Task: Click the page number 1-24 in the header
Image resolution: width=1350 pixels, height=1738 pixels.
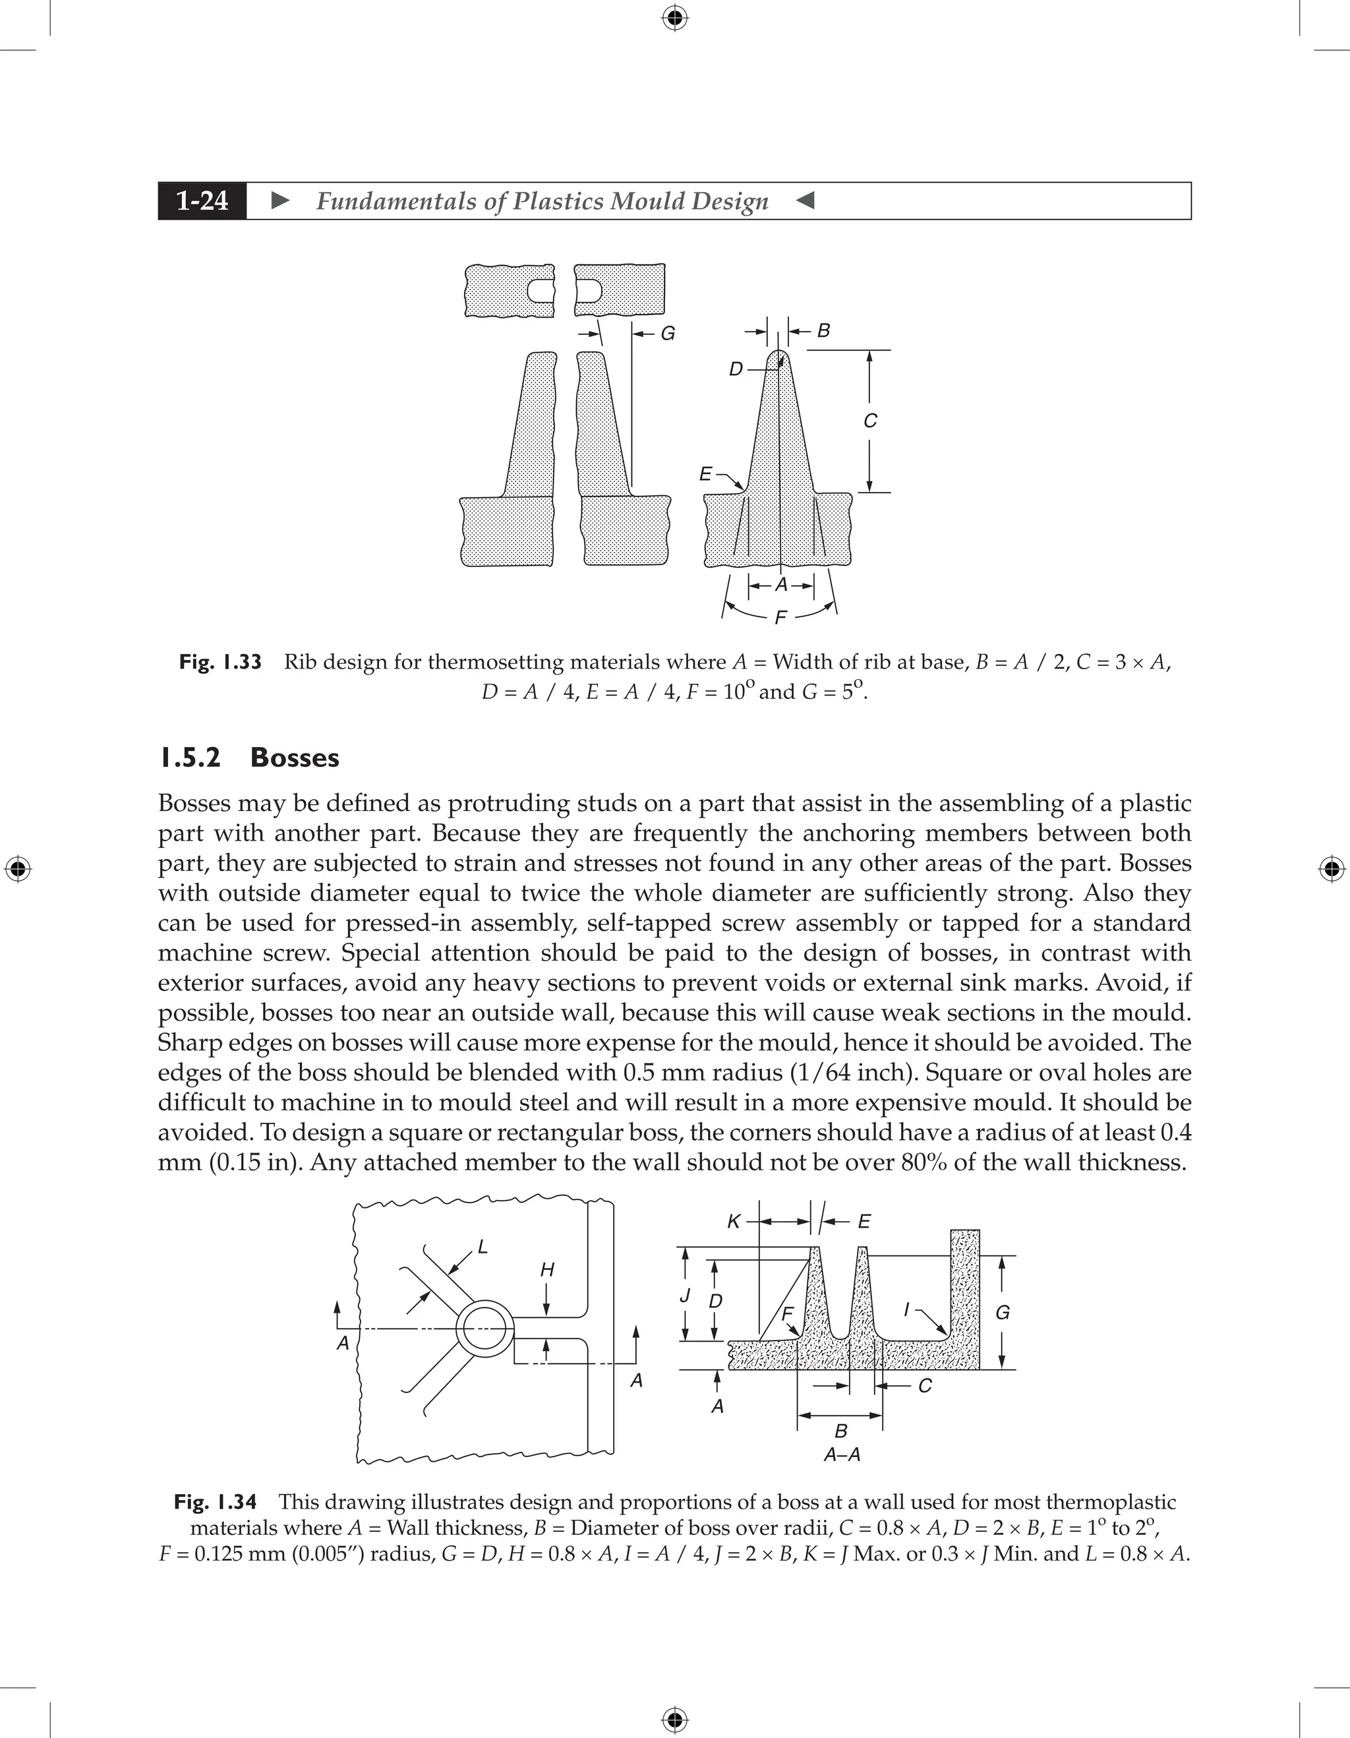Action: pos(202,200)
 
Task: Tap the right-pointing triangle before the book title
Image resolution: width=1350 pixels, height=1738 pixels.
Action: pos(280,200)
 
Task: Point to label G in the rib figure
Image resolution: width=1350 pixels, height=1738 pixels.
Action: pos(668,334)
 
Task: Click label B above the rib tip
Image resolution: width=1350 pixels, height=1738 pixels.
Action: pos(823,330)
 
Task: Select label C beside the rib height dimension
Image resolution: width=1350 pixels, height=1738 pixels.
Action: pos(870,421)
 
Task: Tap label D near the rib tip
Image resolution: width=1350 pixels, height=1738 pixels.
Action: pos(736,369)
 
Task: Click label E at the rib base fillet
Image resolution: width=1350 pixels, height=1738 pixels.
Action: pos(705,474)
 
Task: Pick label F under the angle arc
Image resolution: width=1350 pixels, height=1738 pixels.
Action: pos(780,618)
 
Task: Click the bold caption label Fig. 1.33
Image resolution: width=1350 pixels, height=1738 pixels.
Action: pos(220,662)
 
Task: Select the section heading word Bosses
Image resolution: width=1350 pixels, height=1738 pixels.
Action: pos(295,758)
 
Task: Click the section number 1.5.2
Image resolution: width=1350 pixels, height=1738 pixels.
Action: pos(189,758)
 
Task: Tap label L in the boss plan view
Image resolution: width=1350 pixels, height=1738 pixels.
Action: pos(482,1247)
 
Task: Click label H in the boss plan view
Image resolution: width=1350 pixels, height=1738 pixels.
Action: pos(547,1270)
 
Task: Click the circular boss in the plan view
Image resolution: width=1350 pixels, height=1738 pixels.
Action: pos(485,1329)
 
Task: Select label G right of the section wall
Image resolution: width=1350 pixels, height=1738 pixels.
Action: pos(1003,1313)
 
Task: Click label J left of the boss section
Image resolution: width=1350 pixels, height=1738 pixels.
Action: pos(684,1296)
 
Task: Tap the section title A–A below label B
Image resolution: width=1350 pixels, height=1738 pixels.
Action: pos(842,1454)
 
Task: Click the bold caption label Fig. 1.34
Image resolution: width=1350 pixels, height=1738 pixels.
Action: pos(216,1503)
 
